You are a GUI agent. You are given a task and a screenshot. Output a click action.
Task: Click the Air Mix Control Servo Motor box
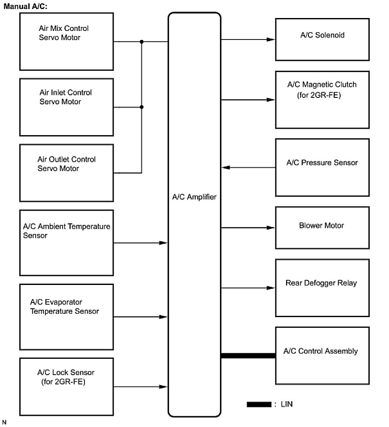[x=66, y=41]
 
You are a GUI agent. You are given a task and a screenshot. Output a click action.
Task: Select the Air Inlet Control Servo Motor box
[x=66, y=107]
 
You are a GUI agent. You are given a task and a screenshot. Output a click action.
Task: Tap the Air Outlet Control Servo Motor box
[x=66, y=173]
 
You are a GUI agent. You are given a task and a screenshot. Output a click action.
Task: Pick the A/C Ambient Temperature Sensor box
[x=66, y=243]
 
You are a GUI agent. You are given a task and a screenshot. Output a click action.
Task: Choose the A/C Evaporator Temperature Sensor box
[x=66, y=317]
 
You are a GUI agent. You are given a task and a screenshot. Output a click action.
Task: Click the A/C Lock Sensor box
[x=66, y=387]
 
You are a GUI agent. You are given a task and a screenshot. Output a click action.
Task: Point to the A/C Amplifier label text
[x=194, y=197]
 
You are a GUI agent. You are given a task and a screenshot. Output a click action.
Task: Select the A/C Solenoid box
[x=322, y=39]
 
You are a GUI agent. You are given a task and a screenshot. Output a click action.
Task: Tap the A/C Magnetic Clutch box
[x=322, y=100]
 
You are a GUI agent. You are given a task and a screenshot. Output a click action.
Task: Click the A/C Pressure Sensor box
[x=322, y=167]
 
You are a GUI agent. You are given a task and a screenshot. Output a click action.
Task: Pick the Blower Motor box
[x=322, y=227]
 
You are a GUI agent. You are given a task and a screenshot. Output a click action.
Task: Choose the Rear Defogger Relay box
[x=322, y=288]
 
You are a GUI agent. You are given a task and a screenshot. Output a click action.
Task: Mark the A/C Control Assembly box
[x=322, y=355]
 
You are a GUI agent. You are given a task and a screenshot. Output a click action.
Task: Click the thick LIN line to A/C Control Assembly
[x=248, y=355]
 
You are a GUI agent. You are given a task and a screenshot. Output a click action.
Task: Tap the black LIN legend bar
[x=259, y=404]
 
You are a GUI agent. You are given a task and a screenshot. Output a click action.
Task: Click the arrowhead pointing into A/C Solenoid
[x=271, y=39]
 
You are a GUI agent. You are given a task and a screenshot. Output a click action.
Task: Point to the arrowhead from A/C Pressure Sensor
[x=226, y=167]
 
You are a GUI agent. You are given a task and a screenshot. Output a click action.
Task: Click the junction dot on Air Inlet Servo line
[x=142, y=107]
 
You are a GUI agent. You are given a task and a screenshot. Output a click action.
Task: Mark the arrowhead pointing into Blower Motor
[x=271, y=227]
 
